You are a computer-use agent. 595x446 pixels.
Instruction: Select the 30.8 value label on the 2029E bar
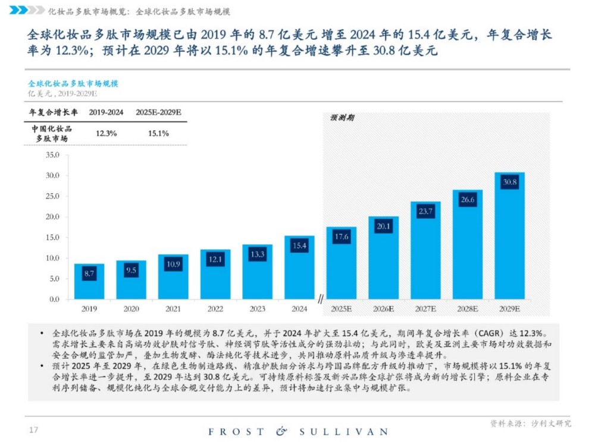(509, 182)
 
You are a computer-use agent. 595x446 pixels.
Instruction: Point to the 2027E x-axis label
(425, 309)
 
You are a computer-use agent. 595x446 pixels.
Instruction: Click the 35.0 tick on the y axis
(52, 155)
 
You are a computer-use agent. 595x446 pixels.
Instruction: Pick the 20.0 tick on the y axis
(52, 216)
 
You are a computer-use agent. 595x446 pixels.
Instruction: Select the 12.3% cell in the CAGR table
(106, 133)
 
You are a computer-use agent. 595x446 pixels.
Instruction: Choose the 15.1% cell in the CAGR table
(158, 133)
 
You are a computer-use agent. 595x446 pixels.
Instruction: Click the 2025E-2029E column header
(158, 112)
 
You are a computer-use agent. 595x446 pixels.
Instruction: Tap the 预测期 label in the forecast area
(342, 118)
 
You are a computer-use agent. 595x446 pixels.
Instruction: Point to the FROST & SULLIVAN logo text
(297, 431)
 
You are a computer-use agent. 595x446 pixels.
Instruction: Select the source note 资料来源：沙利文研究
(530, 423)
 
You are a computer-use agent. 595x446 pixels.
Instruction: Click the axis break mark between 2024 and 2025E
(320, 299)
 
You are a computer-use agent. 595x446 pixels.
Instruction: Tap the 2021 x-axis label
(173, 309)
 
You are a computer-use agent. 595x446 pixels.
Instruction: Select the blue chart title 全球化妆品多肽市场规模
(73, 83)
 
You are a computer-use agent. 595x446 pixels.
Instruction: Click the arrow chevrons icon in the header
(27, 10)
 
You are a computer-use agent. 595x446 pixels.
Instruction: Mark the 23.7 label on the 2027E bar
(425, 211)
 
